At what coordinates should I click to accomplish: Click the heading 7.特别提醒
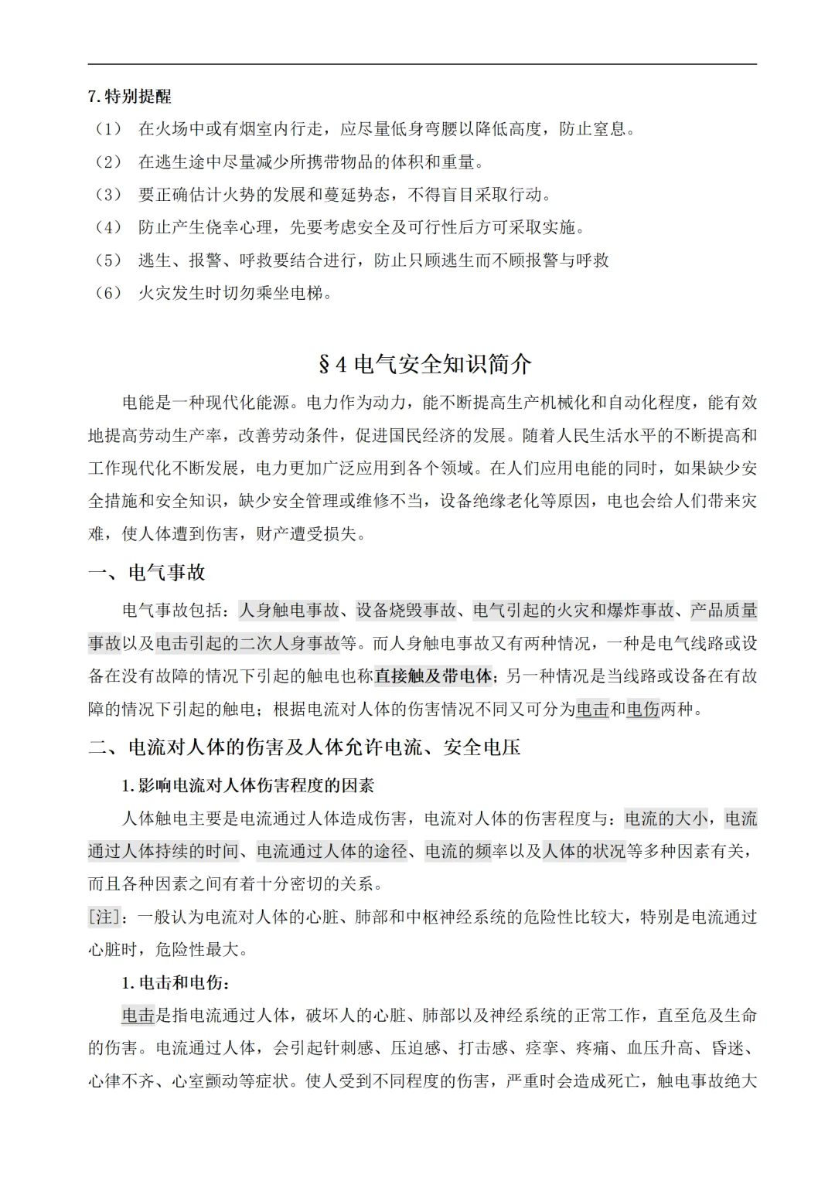pos(130,97)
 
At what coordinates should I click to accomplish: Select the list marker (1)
pos(107,129)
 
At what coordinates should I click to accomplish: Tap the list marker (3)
pos(107,195)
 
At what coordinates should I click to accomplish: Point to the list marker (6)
pos(107,293)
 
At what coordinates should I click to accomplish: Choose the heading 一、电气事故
pos(147,573)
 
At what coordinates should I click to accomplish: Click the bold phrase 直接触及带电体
pos(433,676)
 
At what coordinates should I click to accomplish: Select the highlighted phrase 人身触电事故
pos(289,611)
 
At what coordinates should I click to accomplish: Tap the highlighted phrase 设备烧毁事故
pos(407,611)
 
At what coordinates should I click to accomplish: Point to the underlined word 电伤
pos(643,709)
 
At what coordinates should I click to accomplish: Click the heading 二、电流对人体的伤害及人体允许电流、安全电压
pos(304,747)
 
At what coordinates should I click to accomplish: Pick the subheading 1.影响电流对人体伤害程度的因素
pos(248,786)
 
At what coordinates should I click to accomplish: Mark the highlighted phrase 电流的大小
pos(666,819)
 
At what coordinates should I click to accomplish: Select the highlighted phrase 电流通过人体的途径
pos(332,851)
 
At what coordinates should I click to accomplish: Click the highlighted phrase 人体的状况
pos(584,851)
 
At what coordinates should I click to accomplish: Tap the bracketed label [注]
pos(104,917)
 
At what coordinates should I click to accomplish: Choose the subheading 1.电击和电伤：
pos(176,983)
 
